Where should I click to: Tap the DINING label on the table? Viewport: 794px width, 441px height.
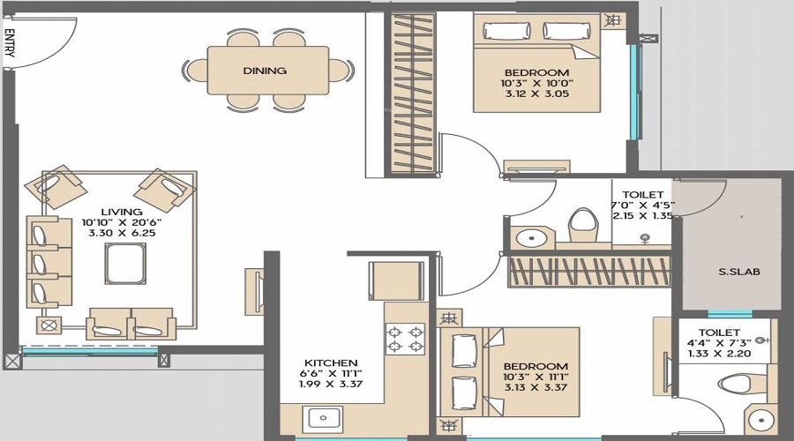pos(265,71)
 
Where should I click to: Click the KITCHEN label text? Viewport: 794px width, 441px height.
pos(331,363)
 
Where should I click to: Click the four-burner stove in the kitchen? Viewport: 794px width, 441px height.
pos(405,339)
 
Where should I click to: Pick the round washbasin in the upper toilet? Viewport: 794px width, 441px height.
pos(532,237)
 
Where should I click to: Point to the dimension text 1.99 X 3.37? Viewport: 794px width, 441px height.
pos(331,386)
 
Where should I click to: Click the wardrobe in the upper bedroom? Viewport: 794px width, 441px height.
pos(412,93)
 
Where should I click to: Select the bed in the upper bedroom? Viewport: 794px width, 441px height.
pos(536,66)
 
